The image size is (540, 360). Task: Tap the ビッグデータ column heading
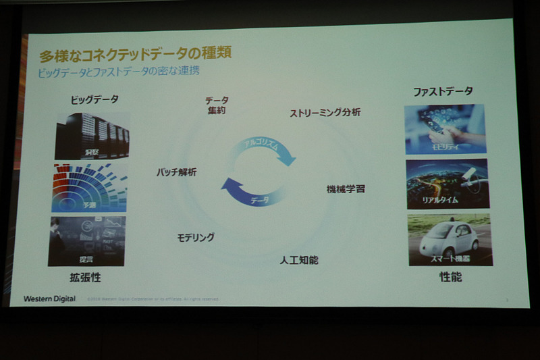pyautogui.click(x=94, y=99)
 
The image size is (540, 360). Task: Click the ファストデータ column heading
pyautogui.click(x=443, y=91)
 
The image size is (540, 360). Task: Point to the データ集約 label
pyautogui.click(x=217, y=105)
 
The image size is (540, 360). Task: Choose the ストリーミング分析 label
pyautogui.click(x=325, y=112)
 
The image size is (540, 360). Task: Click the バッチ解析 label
pyautogui.click(x=176, y=172)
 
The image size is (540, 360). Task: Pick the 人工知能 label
pyautogui.click(x=299, y=259)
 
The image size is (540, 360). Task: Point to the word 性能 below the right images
pyautogui.click(x=450, y=276)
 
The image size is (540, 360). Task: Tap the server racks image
pyautogui.click(x=91, y=135)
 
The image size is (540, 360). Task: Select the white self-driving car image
pyautogui.click(x=450, y=240)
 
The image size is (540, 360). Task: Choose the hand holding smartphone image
pyautogui.click(x=445, y=128)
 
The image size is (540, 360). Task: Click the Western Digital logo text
pyautogui.click(x=49, y=298)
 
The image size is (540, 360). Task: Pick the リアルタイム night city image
pyautogui.click(x=447, y=184)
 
